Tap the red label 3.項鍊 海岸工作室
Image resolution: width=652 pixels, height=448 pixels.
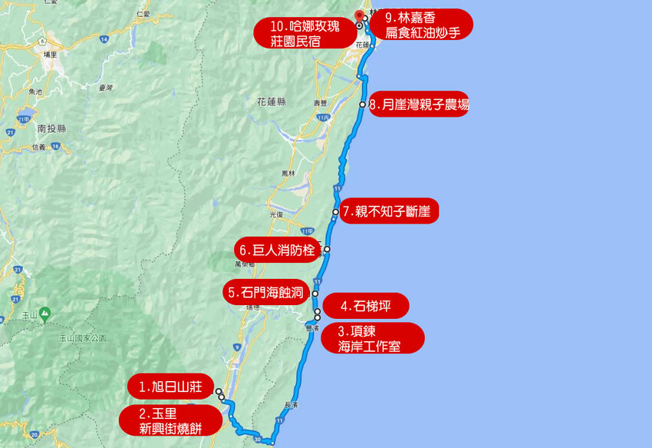coord(370,338)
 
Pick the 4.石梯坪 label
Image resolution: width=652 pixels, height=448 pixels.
coord(365,306)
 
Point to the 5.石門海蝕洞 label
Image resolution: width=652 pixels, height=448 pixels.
coord(265,292)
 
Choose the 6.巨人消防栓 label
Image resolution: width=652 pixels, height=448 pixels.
coord(277,250)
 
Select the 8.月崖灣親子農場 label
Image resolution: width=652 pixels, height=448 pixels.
coord(417,105)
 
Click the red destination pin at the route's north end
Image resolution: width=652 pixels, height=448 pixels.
coord(361,15)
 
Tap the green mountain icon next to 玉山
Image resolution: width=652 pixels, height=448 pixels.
coord(45,314)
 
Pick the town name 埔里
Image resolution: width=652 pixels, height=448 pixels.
coord(51,55)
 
